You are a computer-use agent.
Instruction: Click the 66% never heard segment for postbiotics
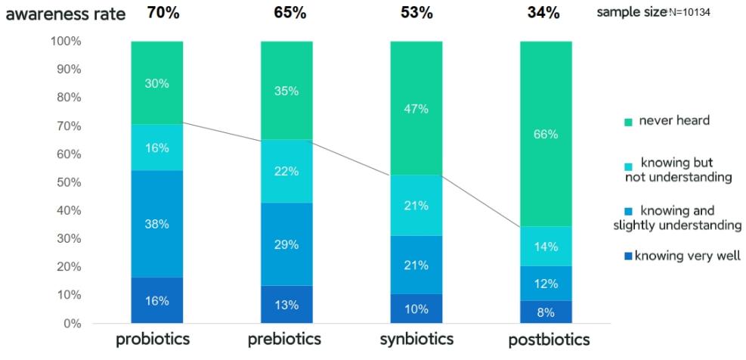[x=546, y=134]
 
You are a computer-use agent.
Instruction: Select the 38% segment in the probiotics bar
[x=156, y=224]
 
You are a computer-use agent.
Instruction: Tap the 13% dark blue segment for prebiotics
[x=286, y=305]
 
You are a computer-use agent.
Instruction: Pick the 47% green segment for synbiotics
[x=416, y=108]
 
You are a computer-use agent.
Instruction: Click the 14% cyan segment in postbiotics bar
[x=546, y=247]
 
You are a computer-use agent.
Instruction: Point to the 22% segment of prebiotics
[x=286, y=172]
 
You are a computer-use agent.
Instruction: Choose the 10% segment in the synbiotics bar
[x=416, y=309]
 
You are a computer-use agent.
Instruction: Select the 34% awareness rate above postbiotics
[x=545, y=13]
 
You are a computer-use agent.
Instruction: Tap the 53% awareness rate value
[x=416, y=13]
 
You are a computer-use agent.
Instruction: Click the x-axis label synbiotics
[x=416, y=339]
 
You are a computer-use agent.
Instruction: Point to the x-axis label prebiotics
[x=285, y=339]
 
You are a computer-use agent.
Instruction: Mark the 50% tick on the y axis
[x=67, y=182]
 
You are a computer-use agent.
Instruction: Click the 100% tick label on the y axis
[x=65, y=41]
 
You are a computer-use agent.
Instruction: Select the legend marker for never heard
[x=627, y=121]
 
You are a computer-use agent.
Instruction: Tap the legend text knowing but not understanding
[x=678, y=170]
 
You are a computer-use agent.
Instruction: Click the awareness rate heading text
[x=66, y=14]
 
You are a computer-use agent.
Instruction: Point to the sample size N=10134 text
[x=654, y=12]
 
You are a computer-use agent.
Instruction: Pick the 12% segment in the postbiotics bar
[x=546, y=284]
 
